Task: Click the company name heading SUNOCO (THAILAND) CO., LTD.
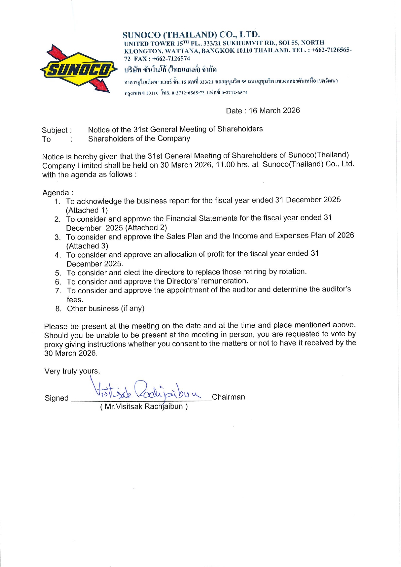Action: (191, 35)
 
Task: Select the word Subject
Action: (55, 130)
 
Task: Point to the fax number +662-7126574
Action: (171, 58)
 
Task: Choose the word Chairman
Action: (228, 397)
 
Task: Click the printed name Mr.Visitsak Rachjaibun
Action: (144, 406)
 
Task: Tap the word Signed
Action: (57, 398)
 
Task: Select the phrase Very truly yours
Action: (72, 371)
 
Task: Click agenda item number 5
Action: (58, 273)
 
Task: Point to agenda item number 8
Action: (58, 309)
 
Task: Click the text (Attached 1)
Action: (87, 210)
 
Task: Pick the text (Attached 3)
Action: (87, 246)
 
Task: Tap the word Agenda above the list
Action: (56, 193)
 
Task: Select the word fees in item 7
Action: (75, 299)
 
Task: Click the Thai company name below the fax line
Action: (170, 69)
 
